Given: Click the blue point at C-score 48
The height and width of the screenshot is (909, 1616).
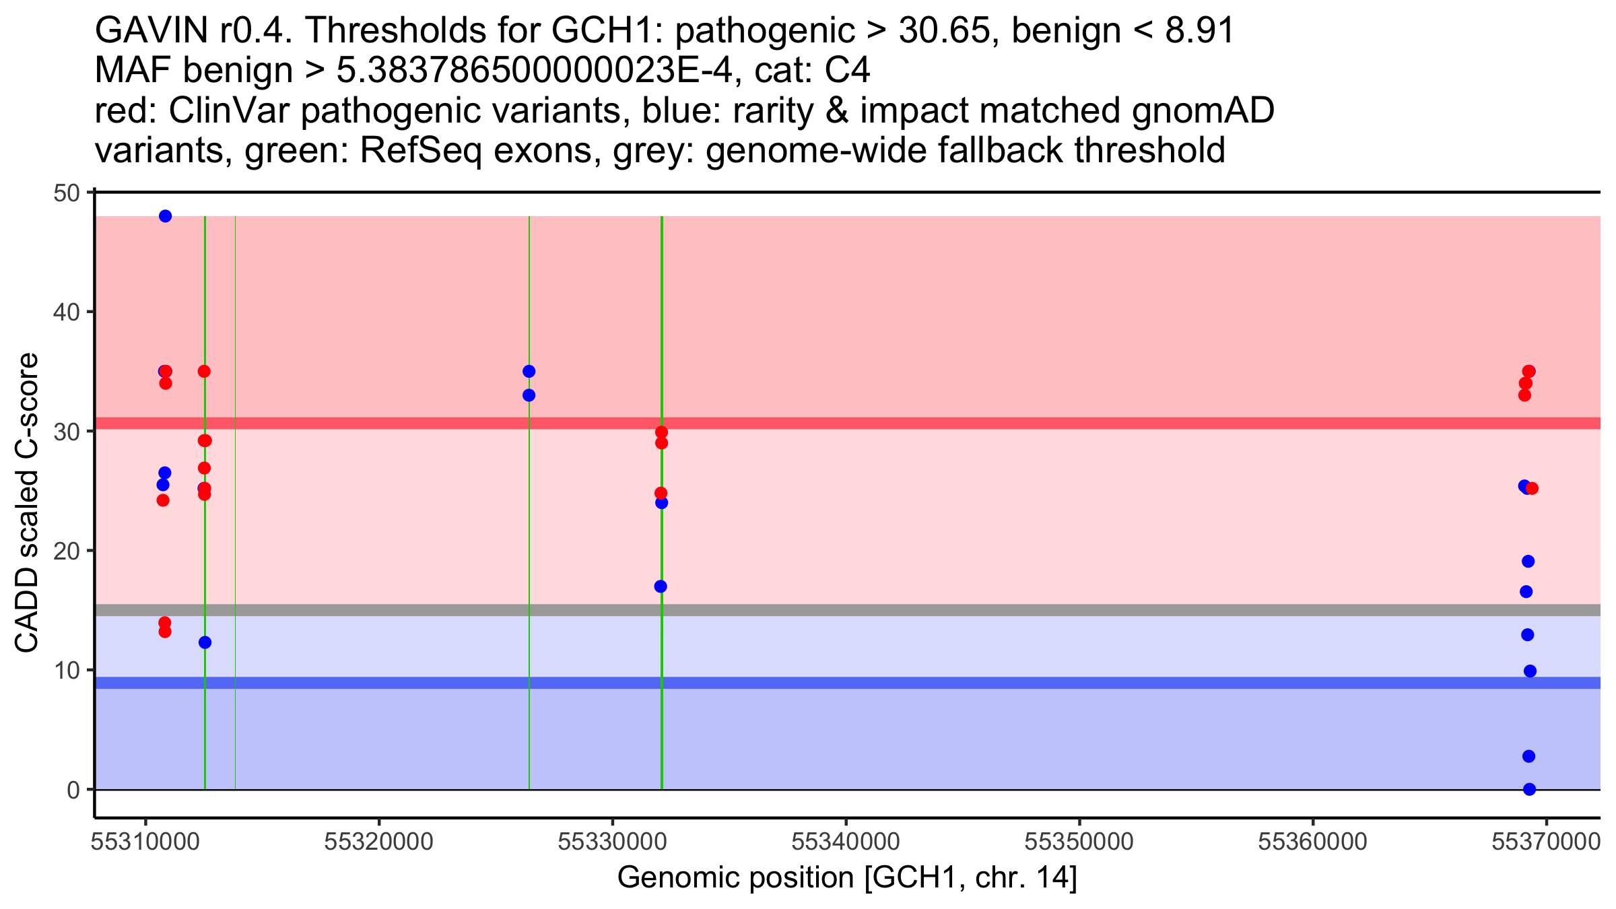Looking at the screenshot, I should coord(165,216).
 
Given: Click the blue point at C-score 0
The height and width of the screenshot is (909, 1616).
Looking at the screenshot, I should coord(1529,789).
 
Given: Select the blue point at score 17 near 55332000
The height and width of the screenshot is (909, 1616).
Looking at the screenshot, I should coord(661,586).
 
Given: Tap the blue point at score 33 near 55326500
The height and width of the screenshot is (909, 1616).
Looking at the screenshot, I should coord(529,395).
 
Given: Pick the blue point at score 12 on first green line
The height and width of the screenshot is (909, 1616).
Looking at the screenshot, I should coord(205,642).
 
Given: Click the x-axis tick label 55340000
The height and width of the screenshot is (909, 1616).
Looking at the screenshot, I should coord(846,842).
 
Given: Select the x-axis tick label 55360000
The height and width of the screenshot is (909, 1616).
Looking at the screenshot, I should coord(1313,842).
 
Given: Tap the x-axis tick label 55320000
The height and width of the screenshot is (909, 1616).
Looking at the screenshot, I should coord(378,842).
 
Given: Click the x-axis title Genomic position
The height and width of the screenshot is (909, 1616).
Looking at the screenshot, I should coord(847,878).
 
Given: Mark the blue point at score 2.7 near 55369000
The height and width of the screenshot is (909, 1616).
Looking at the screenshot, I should coord(1528,756).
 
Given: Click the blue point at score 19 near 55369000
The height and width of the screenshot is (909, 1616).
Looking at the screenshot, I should coord(1528,562).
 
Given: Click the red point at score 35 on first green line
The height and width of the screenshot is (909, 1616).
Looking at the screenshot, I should coord(204,372).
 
